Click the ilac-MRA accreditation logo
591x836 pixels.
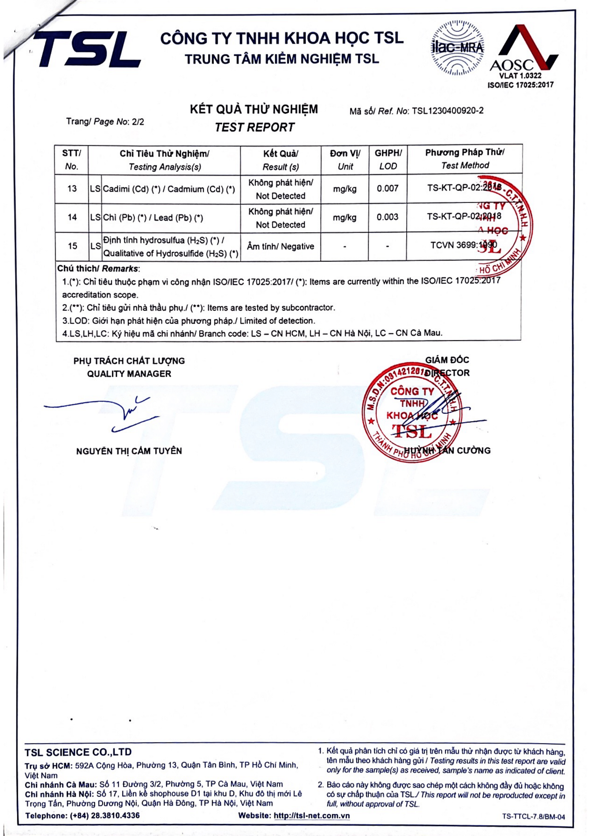(x=457, y=48)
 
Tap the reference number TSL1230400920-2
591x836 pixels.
(x=448, y=111)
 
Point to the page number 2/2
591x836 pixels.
(x=138, y=122)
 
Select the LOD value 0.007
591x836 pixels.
(x=388, y=189)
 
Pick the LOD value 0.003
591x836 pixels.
(x=388, y=217)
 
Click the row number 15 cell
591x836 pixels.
(x=72, y=246)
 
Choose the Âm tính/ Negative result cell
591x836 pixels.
(x=280, y=247)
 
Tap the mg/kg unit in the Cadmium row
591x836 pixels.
(x=344, y=189)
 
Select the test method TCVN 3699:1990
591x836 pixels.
(x=464, y=245)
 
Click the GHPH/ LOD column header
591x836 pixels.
(x=388, y=159)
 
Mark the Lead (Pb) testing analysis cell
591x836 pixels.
(x=153, y=218)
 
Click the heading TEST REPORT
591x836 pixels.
(x=254, y=128)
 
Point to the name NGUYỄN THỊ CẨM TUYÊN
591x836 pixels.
(x=129, y=451)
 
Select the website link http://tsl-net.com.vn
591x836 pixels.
(x=312, y=816)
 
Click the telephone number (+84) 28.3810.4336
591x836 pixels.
(x=104, y=816)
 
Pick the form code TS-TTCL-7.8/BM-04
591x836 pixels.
(x=533, y=816)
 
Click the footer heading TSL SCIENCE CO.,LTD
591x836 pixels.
(x=78, y=752)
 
